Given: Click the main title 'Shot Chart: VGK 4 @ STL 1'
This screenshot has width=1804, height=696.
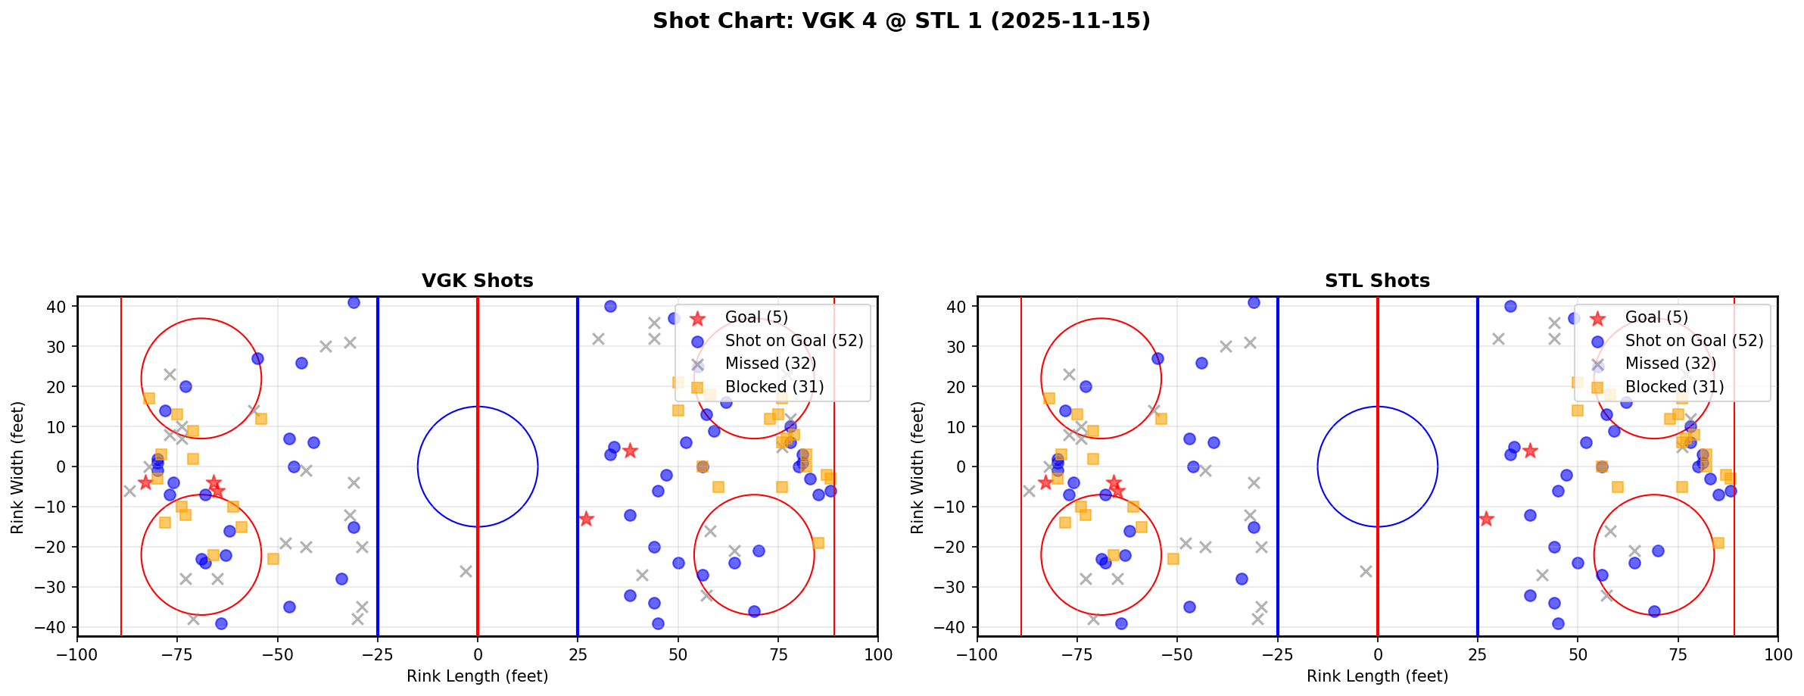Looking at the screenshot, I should [901, 21].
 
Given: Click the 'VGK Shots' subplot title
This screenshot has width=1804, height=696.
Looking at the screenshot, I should [477, 281].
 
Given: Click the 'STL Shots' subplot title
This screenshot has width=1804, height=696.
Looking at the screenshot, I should [1377, 281].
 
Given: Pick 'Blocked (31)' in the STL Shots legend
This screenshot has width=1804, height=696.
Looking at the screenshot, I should [1675, 387].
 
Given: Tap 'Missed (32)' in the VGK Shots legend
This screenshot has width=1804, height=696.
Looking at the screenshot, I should [770, 364].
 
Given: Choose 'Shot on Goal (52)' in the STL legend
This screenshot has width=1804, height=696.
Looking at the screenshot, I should [1694, 341].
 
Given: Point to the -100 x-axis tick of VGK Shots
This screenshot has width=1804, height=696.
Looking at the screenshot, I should [77, 654].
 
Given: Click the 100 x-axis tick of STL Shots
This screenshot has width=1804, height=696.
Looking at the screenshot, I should [1777, 654].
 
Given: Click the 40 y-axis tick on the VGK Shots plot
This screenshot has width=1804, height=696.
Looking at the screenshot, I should [58, 307].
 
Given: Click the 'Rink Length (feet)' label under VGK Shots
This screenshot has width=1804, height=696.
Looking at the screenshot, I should [477, 676].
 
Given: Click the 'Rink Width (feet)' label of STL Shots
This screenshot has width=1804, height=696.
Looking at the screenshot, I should [918, 467].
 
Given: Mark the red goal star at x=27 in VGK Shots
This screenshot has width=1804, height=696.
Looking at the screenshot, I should [586, 519].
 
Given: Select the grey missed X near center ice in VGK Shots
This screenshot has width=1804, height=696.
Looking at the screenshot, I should [466, 571].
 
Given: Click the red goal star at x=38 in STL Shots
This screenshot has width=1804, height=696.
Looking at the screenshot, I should [1530, 451].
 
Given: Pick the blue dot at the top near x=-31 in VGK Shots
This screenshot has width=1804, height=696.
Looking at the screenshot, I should [354, 302].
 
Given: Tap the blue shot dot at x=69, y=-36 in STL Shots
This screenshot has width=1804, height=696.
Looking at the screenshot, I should [1654, 611].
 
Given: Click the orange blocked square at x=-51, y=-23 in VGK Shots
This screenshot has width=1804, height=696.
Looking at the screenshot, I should [273, 559].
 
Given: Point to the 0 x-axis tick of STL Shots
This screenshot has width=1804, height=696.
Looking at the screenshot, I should [1377, 654].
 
